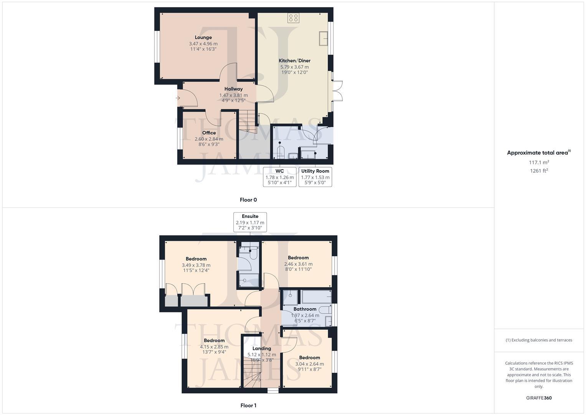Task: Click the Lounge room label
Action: (203, 37)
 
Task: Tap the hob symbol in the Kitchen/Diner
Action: (293, 18)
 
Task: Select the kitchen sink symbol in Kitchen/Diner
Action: (323, 39)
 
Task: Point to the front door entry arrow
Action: (178, 98)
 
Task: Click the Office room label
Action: (209, 133)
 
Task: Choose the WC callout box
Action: (280, 177)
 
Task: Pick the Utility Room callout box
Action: (315, 177)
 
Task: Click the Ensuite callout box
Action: (250, 222)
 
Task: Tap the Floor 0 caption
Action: (248, 200)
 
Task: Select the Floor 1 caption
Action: (248, 405)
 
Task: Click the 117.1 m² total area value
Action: (539, 163)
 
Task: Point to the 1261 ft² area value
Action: (539, 171)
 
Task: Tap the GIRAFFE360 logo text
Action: (539, 398)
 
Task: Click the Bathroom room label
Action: (305, 309)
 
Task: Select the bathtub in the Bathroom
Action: (316, 297)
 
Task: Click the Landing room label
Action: (262, 349)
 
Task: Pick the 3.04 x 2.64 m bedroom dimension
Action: (309, 364)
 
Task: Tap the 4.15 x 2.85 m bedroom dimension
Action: (214, 347)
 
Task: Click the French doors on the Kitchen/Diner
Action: (337, 91)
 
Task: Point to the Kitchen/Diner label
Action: (294, 61)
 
